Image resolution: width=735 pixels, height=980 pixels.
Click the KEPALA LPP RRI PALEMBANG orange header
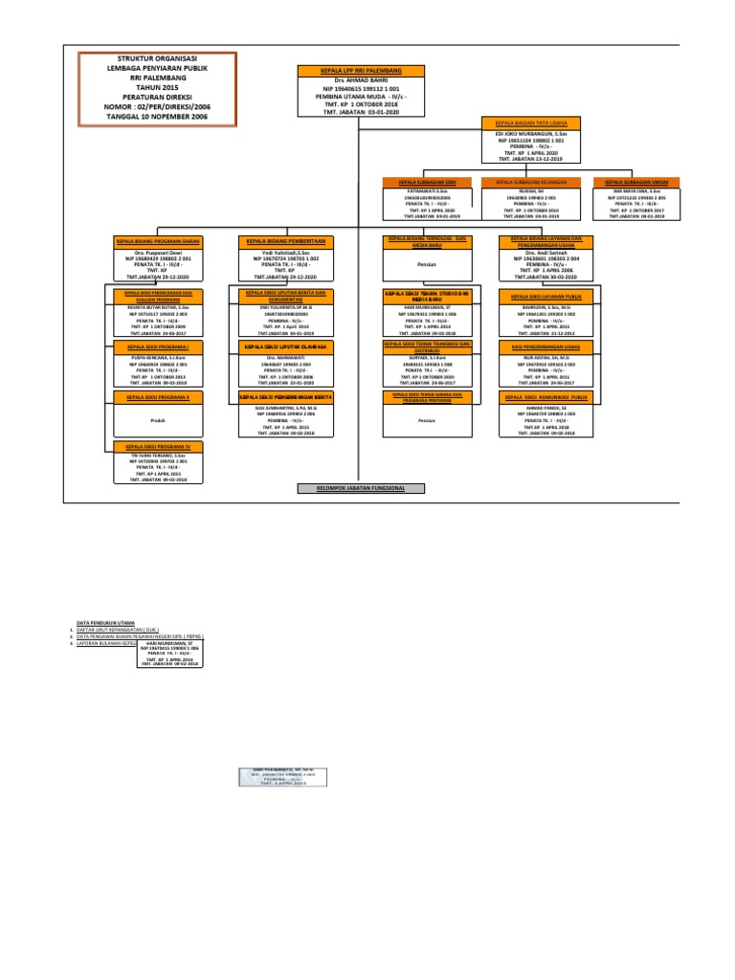[349, 71]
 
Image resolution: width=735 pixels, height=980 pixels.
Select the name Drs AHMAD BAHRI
[349, 79]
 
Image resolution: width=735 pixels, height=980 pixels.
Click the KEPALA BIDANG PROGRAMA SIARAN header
[158, 241]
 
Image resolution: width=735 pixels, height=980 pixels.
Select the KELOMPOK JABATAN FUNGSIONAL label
[360, 488]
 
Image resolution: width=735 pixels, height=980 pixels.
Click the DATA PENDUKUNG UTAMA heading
[105, 621]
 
